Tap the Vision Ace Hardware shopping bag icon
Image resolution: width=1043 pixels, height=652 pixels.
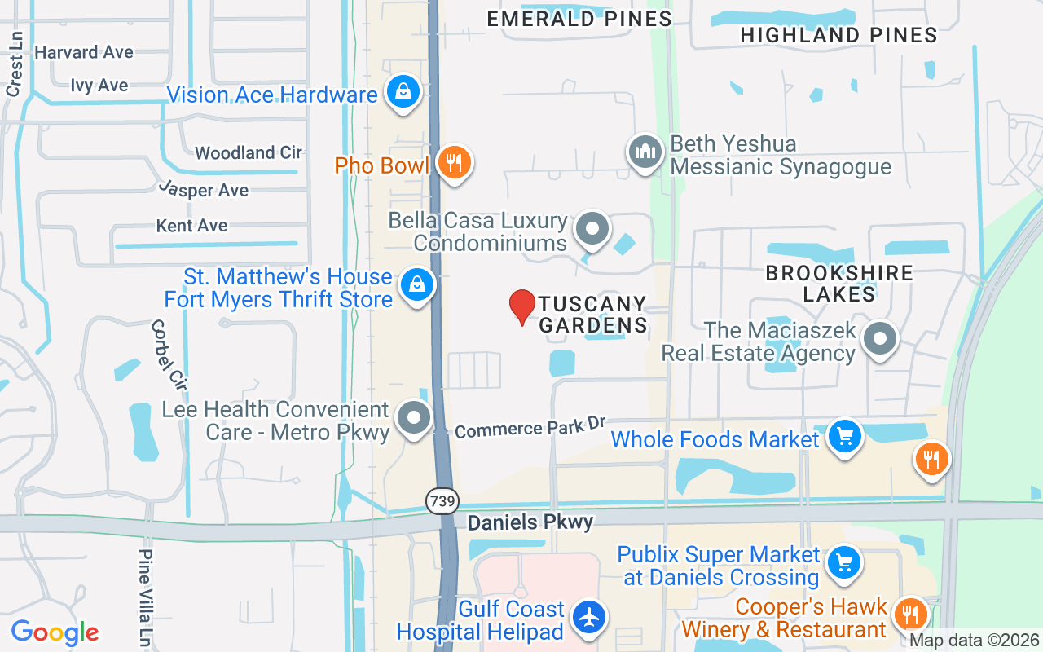coord(403,92)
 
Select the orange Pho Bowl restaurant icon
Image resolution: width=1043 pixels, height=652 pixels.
coord(453,163)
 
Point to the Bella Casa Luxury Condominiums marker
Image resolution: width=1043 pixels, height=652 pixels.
coord(592,230)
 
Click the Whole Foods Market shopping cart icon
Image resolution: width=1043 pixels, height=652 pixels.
coord(844,438)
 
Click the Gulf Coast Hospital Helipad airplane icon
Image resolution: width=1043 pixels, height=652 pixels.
coord(588,617)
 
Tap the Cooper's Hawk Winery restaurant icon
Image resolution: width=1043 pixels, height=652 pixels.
coord(910,615)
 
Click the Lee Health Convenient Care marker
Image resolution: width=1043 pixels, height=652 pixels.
coord(414,419)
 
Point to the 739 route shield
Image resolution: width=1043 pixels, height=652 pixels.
coord(442,500)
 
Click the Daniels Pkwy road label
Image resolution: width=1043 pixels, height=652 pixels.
coord(530,522)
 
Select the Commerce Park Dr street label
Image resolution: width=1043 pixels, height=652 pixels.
coord(530,427)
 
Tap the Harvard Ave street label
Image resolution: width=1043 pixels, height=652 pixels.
coord(84,52)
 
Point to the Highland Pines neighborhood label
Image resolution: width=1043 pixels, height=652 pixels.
coord(838,35)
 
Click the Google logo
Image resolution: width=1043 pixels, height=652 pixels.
coord(55,632)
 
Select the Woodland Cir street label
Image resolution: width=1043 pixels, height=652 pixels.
coord(249,152)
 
